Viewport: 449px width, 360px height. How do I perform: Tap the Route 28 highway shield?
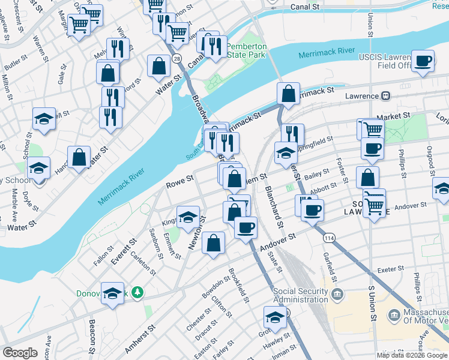[x=176, y=58]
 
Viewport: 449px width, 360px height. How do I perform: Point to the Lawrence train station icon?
[x=387, y=96]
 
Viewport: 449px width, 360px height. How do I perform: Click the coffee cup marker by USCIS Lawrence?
[x=424, y=61]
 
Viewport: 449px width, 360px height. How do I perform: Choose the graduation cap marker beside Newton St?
[x=188, y=217]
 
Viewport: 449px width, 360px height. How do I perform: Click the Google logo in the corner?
[x=20, y=353]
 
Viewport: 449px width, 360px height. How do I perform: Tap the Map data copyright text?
[x=412, y=355]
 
